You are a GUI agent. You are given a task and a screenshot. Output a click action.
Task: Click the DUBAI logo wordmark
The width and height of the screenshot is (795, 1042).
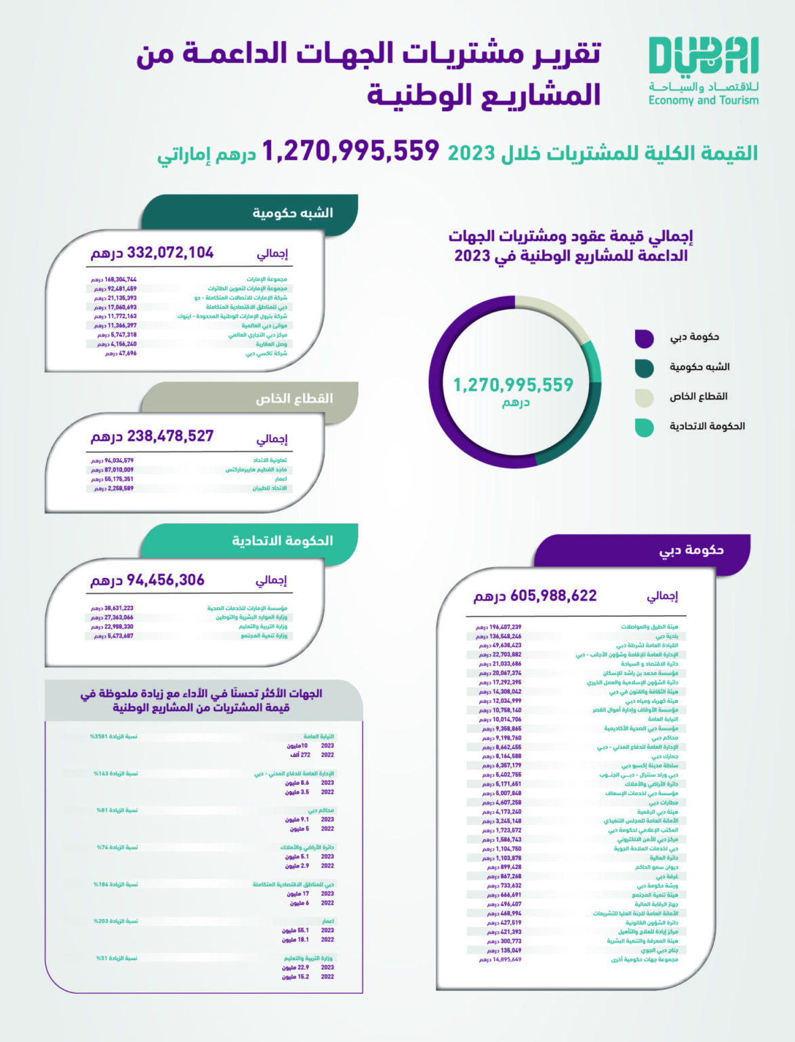coord(703,56)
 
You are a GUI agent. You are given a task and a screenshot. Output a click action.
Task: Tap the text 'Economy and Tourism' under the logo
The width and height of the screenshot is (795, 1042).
coord(703,100)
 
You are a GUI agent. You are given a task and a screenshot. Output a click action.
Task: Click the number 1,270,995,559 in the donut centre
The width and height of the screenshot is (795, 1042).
coord(513,385)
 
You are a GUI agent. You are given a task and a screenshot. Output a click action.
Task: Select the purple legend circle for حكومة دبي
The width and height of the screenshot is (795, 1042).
coord(644,338)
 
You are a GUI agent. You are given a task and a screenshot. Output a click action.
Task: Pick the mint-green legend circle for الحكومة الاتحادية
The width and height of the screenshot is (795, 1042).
coord(644,427)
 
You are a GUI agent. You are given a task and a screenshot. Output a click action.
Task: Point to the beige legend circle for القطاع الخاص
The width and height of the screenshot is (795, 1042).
coord(644,398)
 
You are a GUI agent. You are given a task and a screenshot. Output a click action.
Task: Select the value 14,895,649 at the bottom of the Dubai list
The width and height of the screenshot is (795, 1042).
coord(504,960)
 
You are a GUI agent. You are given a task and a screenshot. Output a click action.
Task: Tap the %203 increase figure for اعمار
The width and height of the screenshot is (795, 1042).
coord(101,921)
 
